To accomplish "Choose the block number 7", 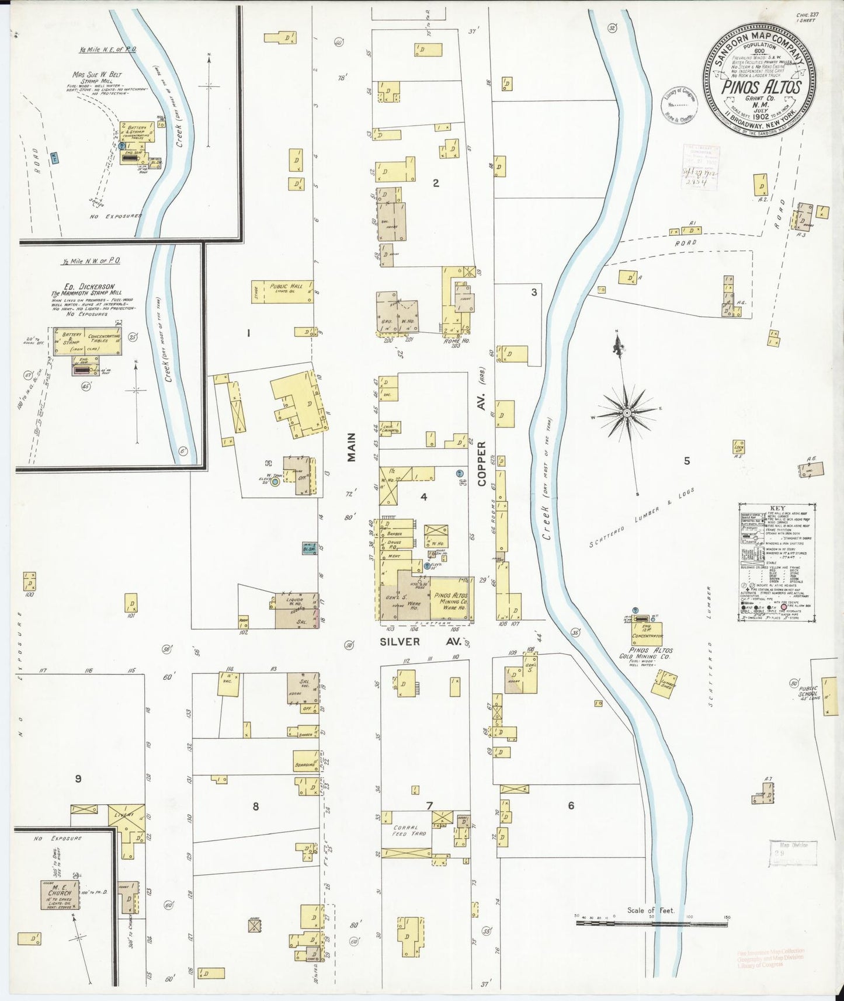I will tap(429, 806).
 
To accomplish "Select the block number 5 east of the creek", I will tap(687, 461).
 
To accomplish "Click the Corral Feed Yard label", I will tap(409, 830).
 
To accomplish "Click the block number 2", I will tap(436, 183).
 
